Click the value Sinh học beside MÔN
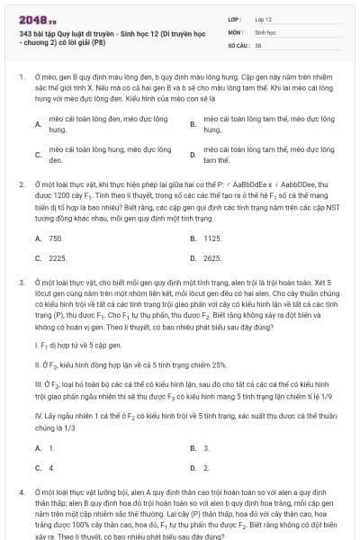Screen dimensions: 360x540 click(x=264, y=31)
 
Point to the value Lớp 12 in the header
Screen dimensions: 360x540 click(x=263, y=18)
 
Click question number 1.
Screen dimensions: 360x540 click(x=20, y=78)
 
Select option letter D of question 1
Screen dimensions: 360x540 click(x=193, y=154)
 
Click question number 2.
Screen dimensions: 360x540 click(x=20, y=184)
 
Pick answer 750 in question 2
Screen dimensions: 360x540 click(x=56, y=238)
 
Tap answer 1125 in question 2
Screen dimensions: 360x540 click(x=212, y=238)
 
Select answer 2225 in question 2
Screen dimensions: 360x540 click(x=58, y=258)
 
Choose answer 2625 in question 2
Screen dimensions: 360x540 click(x=212, y=258)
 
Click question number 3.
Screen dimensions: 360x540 click(x=20, y=283)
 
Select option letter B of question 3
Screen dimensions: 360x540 click(x=193, y=447)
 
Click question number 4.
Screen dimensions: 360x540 click(x=20, y=493)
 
